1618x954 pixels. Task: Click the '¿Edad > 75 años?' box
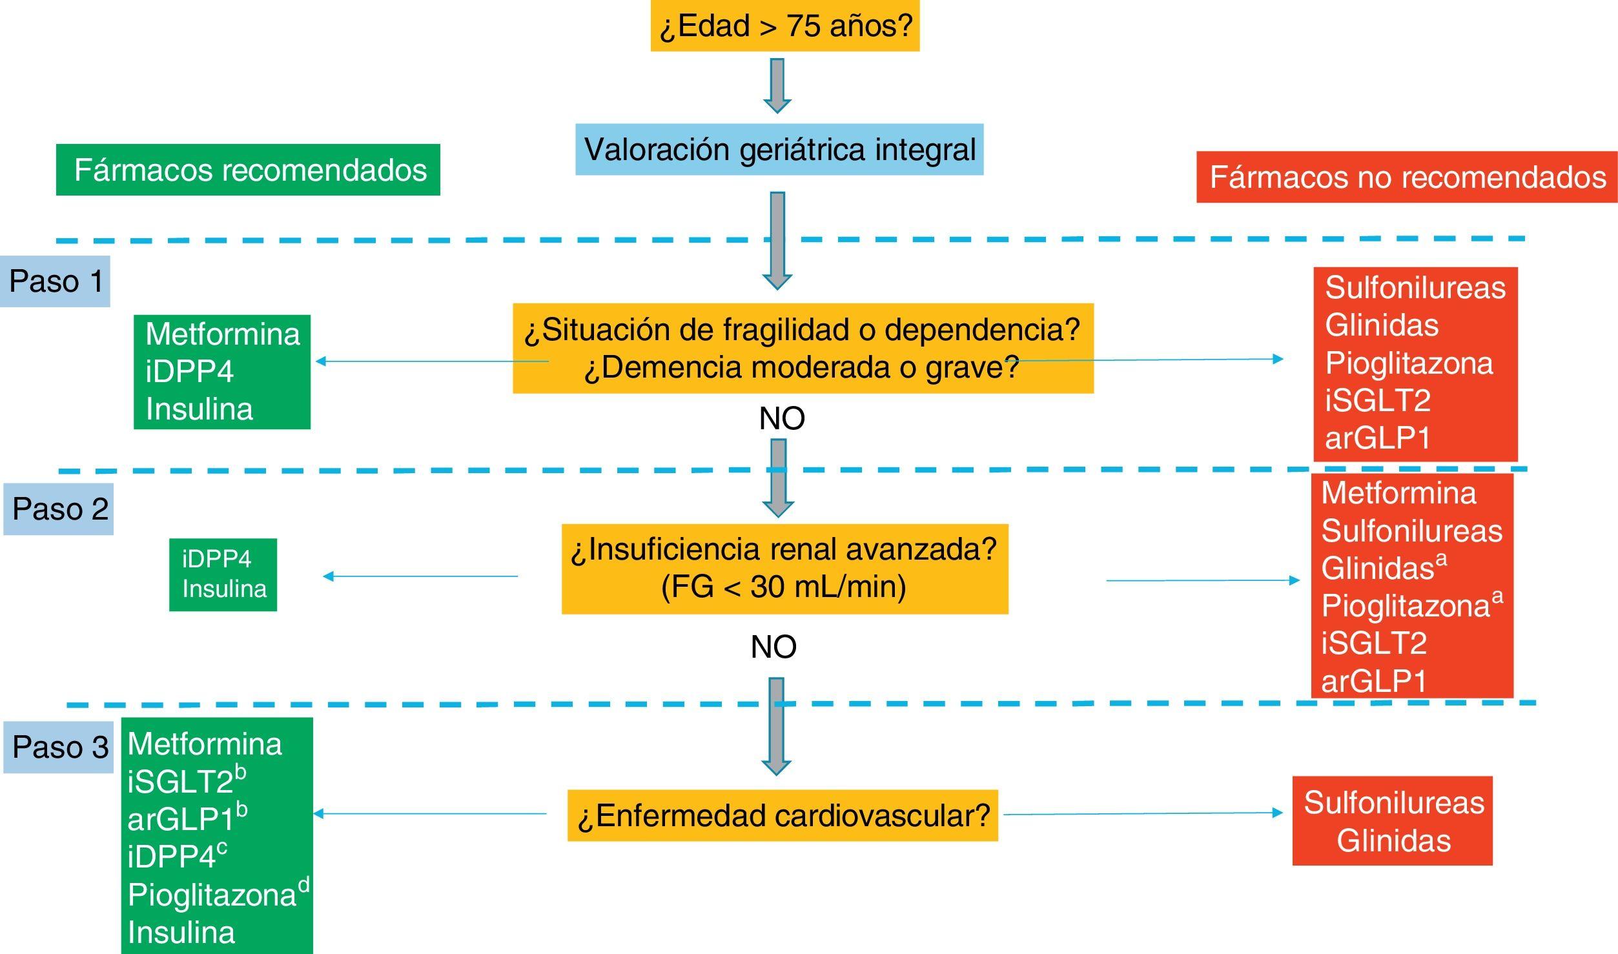click(784, 26)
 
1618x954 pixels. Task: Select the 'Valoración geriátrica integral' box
click(779, 149)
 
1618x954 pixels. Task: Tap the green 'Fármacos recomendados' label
click(249, 170)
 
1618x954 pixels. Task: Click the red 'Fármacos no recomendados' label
click(1406, 177)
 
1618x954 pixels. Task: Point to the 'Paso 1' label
click(56, 281)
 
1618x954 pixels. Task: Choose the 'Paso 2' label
click(59, 509)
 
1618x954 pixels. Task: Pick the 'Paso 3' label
click(59, 747)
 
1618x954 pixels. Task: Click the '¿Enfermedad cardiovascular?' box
click(783, 815)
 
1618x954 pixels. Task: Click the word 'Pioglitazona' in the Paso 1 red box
click(1409, 363)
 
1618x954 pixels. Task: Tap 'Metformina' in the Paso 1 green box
click(223, 334)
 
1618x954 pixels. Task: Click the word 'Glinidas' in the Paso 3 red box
click(1393, 840)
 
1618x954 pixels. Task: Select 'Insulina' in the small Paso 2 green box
click(224, 589)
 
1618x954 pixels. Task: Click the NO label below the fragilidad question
click(782, 418)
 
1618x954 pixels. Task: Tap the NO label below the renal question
click(773, 647)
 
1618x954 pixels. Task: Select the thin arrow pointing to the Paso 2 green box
click(420, 576)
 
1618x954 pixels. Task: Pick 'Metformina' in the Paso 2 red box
click(1398, 493)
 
